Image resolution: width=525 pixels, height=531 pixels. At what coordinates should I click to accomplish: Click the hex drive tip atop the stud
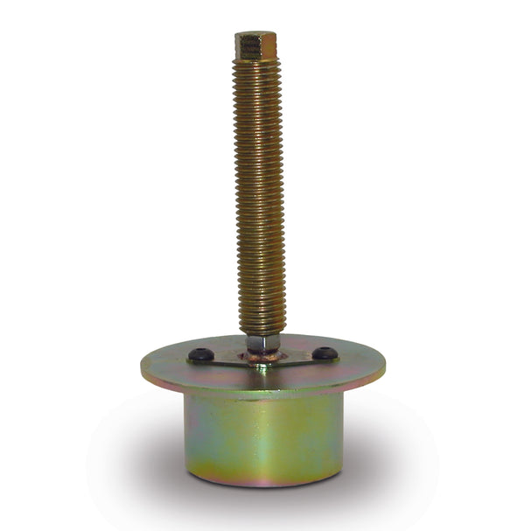pyautogui.click(x=255, y=45)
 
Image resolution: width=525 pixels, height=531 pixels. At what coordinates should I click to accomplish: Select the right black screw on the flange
pyautogui.click(x=325, y=353)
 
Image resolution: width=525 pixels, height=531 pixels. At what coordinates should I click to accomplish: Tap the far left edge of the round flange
pyautogui.click(x=143, y=364)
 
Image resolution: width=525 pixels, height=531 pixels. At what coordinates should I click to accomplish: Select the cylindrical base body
pyautogui.click(x=262, y=437)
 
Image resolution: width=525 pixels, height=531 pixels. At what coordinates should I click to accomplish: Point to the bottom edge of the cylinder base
pyautogui.click(x=262, y=482)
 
